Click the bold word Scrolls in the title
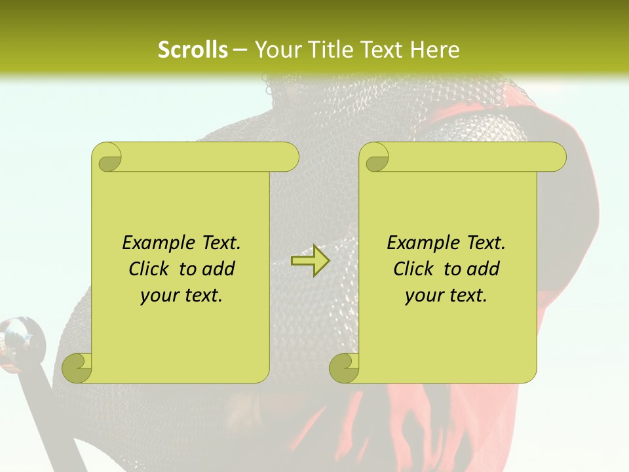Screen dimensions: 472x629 pos(193,50)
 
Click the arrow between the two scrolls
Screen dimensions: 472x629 pos(310,261)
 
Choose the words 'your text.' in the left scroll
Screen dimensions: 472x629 pos(181,295)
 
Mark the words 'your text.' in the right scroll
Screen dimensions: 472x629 pos(446,295)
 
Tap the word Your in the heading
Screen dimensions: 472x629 pos(276,50)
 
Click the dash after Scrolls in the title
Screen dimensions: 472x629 pos(240,50)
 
